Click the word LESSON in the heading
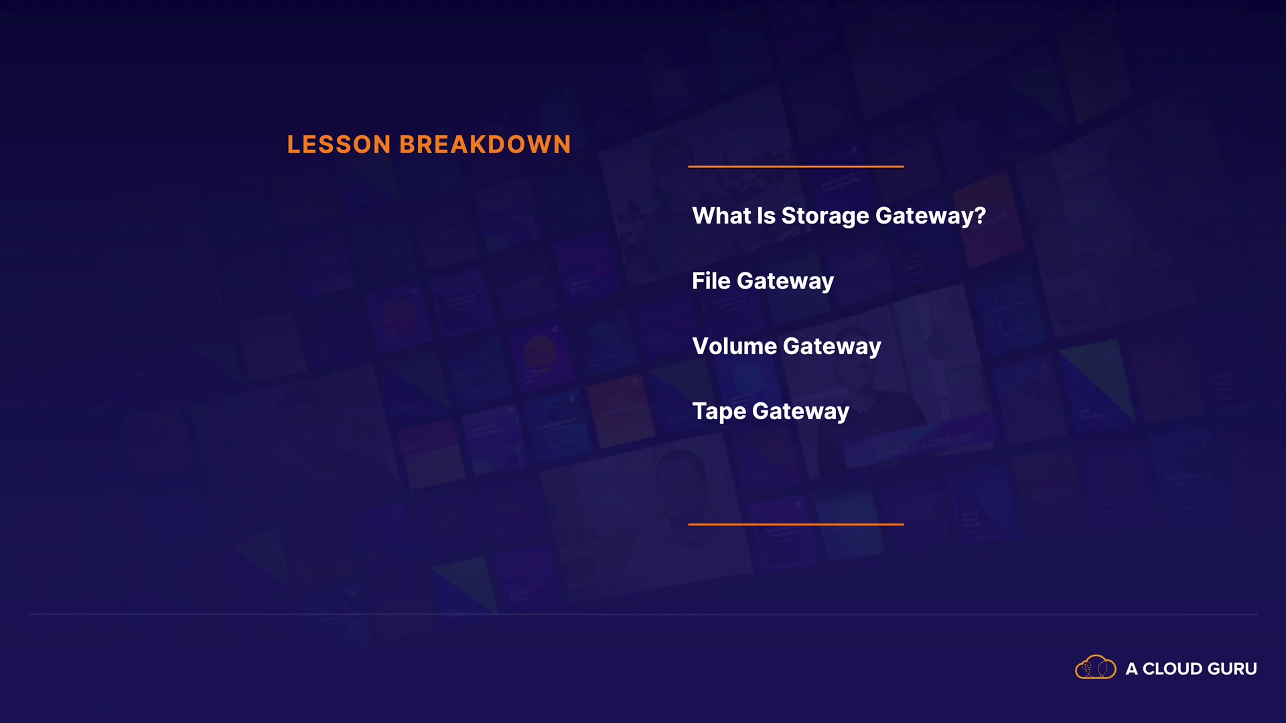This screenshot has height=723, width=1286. pyautogui.click(x=339, y=145)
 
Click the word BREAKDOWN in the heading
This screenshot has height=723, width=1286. pyautogui.click(x=486, y=145)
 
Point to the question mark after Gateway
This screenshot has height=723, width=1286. pyautogui.click(x=980, y=216)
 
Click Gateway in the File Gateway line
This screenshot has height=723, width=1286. pyautogui.click(x=785, y=282)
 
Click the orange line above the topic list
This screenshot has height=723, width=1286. pyautogui.click(x=796, y=166)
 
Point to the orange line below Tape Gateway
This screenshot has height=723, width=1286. pyautogui.click(x=796, y=524)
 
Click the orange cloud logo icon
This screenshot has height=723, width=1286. pyautogui.click(x=1096, y=667)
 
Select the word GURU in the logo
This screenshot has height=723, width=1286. pyautogui.click(x=1232, y=669)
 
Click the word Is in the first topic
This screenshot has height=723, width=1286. pyautogui.click(x=766, y=216)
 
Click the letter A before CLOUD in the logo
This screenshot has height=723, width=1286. pyautogui.click(x=1132, y=669)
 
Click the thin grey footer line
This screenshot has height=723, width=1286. pyautogui.click(x=643, y=614)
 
